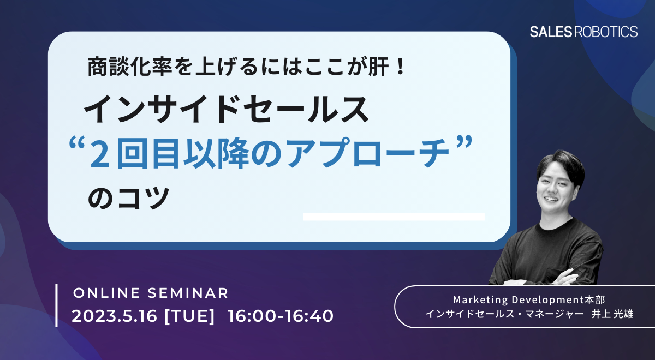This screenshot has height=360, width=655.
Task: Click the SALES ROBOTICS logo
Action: click(x=583, y=32)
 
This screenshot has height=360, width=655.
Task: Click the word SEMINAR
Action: click(x=188, y=293)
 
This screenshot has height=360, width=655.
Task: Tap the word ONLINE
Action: click(x=107, y=293)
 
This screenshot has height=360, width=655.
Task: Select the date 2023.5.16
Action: click(x=114, y=316)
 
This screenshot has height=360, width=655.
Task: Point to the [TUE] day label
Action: click(x=189, y=316)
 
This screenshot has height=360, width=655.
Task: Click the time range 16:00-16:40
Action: click(x=281, y=316)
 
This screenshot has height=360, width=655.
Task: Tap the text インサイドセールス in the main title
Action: click(x=226, y=110)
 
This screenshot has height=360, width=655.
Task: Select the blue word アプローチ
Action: click(x=367, y=153)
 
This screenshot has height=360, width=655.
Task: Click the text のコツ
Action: click(x=129, y=198)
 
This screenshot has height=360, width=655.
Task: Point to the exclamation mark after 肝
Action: click(x=400, y=67)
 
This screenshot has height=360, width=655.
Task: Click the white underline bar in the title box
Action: click(x=394, y=217)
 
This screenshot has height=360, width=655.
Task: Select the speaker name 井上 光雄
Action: click(x=612, y=314)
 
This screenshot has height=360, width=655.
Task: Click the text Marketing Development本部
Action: click(x=529, y=299)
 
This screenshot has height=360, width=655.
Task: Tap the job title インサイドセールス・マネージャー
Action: click(x=505, y=314)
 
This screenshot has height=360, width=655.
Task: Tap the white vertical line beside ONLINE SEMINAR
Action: click(x=56, y=305)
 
